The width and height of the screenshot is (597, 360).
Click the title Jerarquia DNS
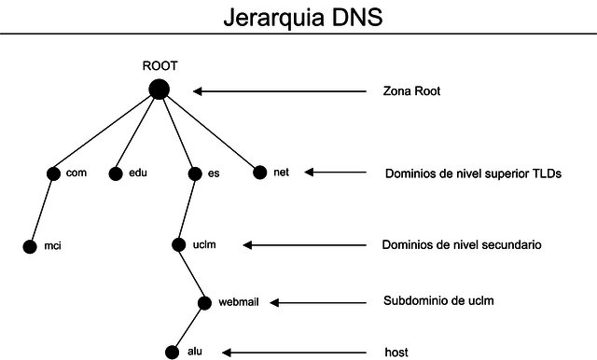(x=302, y=18)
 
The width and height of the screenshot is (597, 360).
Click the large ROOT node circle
(x=159, y=90)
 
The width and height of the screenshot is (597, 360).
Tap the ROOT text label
(x=159, y=66)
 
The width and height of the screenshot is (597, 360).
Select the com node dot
(x=53, y=173)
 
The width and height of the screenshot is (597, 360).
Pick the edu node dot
(x=116, y=173)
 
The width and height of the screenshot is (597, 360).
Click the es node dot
(x=195, y=173)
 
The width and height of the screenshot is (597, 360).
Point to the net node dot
(x=259, y=172)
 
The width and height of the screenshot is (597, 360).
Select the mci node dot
(x=30, y=247)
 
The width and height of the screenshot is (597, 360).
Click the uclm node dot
(x=179, y=245)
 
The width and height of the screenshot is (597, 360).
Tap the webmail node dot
(x=205, y=302)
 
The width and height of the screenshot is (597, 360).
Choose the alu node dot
(x=172, y=352)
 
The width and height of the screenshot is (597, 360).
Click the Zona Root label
(x=411, y=91)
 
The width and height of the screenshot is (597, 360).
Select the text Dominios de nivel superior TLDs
(x=473, y=173)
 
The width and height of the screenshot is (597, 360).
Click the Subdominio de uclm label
(x=437, y=301)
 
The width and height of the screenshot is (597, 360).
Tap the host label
(x=396, y=352)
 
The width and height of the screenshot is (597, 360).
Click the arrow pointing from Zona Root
(x=280, y=91)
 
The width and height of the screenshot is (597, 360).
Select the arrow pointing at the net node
(x=336, y=173)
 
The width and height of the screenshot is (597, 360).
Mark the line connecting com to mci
(x=42, y=210)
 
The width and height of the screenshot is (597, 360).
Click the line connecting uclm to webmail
(x=192, y=274)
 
